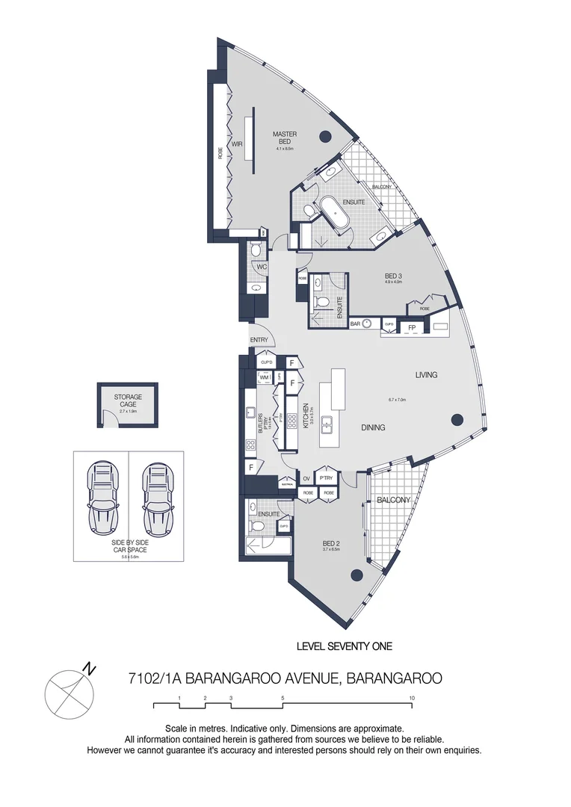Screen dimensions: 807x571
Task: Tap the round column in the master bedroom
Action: click(x=325, y=136)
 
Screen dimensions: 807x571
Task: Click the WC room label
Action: click(x=262, y=266)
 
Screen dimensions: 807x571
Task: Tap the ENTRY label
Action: click(x=259, y=340)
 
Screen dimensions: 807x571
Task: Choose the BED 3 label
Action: click(x=393, y=275)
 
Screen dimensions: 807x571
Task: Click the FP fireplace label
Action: click(x=411, y=327)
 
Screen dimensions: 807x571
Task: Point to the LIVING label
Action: click(x=427, y=374)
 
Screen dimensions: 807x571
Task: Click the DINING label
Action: click(x=373, y=427)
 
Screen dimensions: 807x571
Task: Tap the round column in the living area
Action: click(x=457, y=420)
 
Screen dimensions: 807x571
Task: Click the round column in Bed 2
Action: click(x=357, y=575)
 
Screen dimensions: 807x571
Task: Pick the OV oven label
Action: click(x=306, y=477)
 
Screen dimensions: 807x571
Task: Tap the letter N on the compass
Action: click(x=89, y=667)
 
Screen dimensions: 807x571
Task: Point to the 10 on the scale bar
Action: click(x=412, y=697)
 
